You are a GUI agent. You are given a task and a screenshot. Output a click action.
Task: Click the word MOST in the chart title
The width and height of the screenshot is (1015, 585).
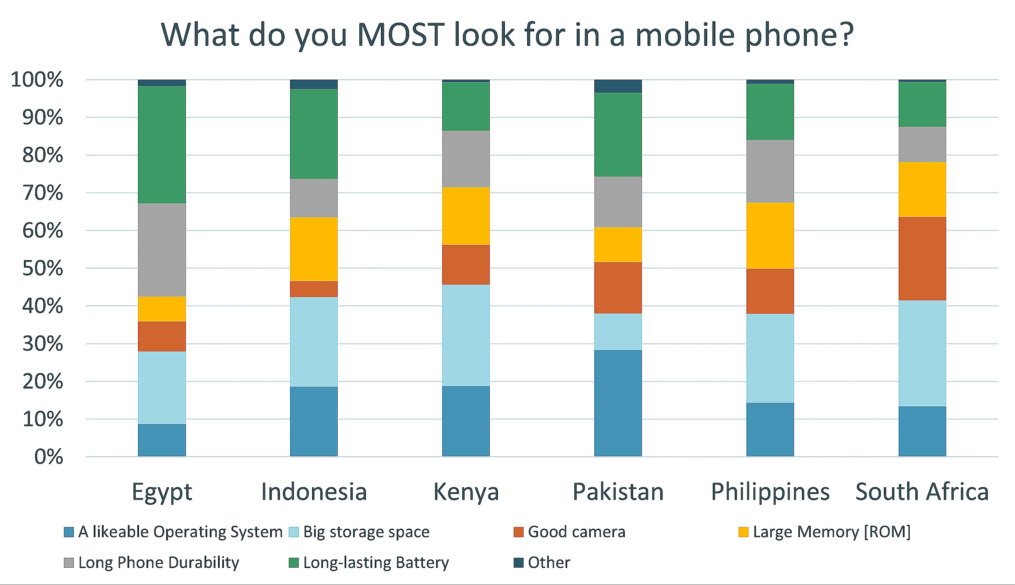[x=401, y=35]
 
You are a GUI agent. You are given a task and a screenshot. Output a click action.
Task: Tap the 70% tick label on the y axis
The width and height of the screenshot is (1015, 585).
[x=43, y=193]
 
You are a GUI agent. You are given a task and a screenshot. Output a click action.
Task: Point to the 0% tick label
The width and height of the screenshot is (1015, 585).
[x=49, y=457]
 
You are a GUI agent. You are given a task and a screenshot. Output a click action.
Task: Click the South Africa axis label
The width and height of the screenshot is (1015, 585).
[x=922, y=491]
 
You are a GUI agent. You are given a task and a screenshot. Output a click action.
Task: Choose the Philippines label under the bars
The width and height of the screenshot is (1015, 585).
[x=770, y=491]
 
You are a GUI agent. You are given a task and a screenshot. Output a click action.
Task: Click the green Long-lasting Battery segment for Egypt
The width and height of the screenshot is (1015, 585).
[x=162, y=145]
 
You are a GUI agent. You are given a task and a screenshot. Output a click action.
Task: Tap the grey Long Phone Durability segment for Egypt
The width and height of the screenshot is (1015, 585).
[x=162, y=250]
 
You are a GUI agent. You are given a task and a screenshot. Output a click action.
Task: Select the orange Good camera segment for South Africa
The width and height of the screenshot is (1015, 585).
[x=922, y=259]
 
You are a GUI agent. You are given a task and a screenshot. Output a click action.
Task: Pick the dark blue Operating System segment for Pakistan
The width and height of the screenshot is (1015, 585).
[x=618, y=403]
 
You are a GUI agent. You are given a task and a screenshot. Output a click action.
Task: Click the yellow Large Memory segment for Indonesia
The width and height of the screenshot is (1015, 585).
[x=314, y=249]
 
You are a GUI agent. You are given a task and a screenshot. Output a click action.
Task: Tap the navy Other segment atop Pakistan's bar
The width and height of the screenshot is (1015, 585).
[x=618, y=86]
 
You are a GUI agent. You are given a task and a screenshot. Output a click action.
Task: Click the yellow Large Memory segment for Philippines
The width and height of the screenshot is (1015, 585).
[x=770, y=236]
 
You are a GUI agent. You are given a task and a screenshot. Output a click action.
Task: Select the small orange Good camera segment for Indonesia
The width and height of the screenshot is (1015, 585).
[x=314, y=289]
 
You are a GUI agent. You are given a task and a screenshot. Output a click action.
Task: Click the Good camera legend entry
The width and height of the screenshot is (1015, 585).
[x=576, y=532]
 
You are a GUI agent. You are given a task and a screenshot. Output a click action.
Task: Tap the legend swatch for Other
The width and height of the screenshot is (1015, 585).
[x=519, y=562]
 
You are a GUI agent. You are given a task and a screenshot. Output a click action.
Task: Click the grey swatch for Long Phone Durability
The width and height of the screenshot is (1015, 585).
[x=69, y=562]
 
